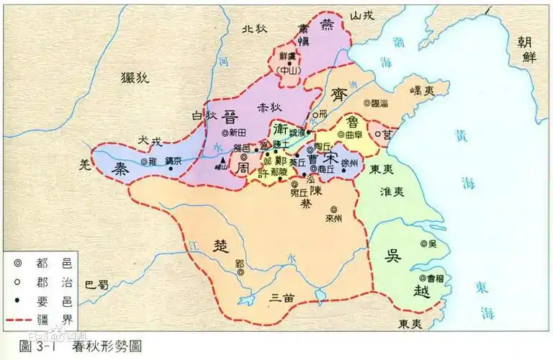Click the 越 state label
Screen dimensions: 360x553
tap(400, 289)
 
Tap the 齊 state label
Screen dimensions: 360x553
tap(338, 94)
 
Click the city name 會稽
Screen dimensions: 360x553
tap(431, 276)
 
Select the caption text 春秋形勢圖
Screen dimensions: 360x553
tap(107, 347)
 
